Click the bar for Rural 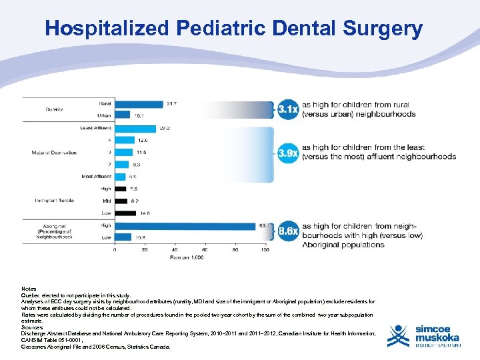point(138,103)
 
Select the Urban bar point(122,115)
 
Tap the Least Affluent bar point(135,128)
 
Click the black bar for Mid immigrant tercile point(120,201)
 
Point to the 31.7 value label point(172,103)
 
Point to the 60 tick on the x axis point(205,250)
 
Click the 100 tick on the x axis point(265,250)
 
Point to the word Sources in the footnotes point(32,327)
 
